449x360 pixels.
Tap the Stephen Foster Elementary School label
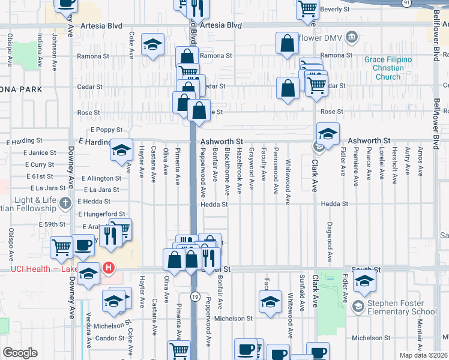pyautogui.click(x=402, y=307)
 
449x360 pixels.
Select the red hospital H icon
pyautogui.click(x=109, y=268)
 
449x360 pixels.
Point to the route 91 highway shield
pyautogui.click(x=407, y=3)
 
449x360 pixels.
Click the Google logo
pyautogui.click(x=20, y=353)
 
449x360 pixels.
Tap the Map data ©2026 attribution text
pyautogui.click(x=423, y=355)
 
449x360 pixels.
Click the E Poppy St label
pyautogui.click(x=106, y=130)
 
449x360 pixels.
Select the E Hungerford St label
pyautogui.click(x=101, y=214)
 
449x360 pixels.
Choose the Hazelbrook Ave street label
pyautogui.click(x=240, y=170)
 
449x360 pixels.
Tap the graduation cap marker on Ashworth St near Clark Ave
pyautogui.click(x=328, y=134)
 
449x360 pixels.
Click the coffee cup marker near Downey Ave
pyautogui.click(x=83, y=245)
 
